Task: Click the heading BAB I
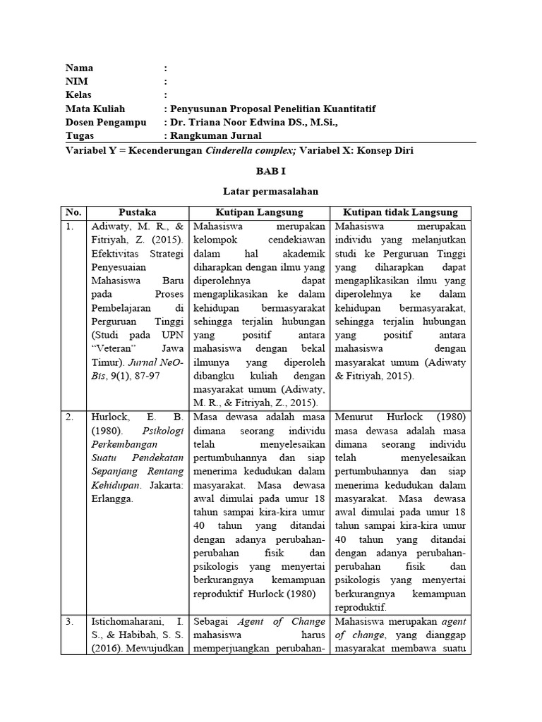pos(271,171)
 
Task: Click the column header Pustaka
pos(138,212)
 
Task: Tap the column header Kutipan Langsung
pos(259,212)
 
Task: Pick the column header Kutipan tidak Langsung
pos(400,212)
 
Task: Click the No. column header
pos(73,212)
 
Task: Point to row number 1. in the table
pos(70,227)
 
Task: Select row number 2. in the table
pos(70,417)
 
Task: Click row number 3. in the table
pos(70,621)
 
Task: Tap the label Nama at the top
pos(80,68)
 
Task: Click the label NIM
pos(77,82)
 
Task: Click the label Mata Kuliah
pos(95,109)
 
